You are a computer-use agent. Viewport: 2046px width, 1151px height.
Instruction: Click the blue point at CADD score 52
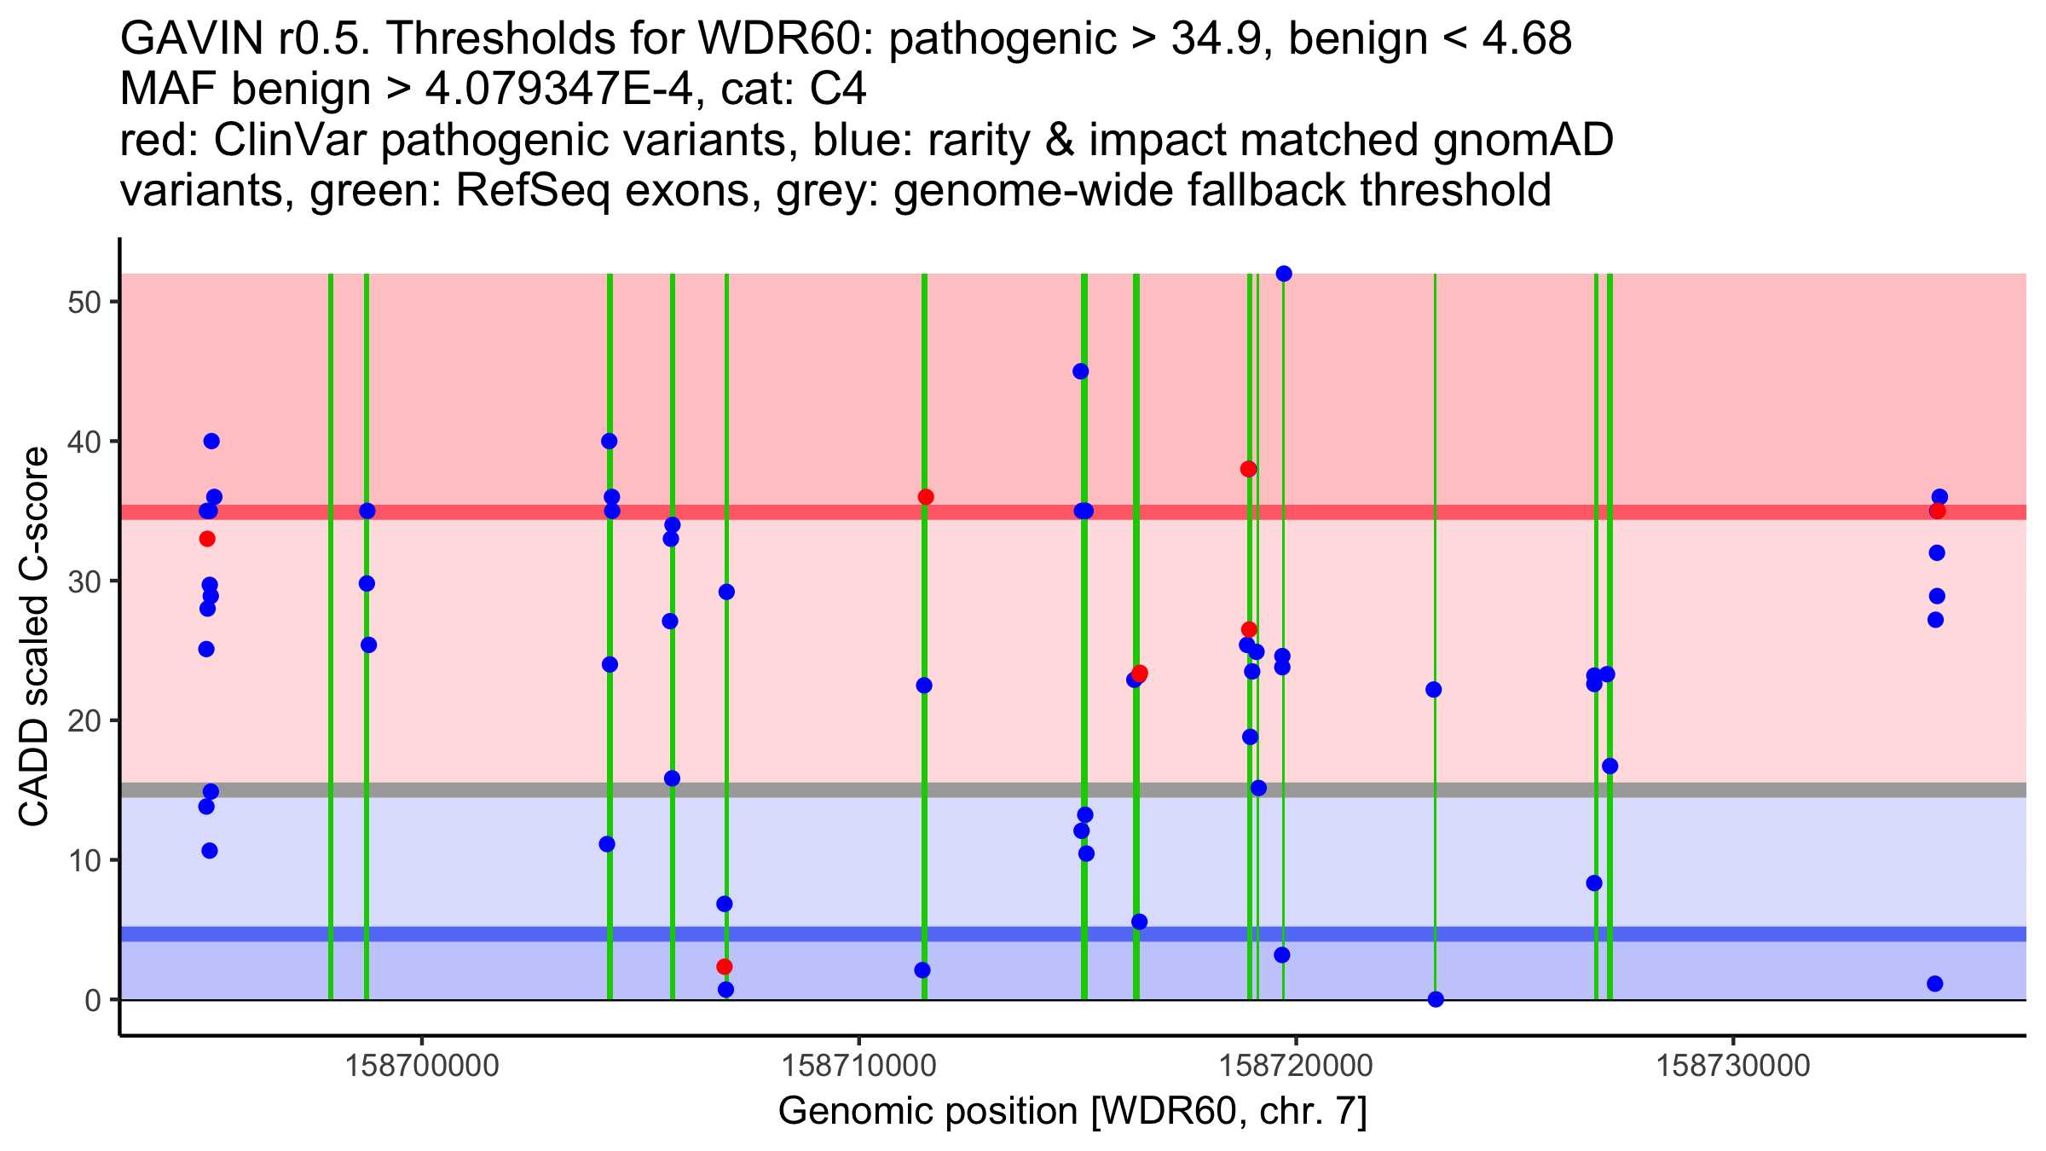(x=1284, y=274)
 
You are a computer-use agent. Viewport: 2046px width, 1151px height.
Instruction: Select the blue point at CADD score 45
(x=1080, y=371)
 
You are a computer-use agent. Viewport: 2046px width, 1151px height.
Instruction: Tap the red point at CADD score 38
(x=1248, y=469)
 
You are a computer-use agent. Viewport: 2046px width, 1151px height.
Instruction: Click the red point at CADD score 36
(x=926, y=497)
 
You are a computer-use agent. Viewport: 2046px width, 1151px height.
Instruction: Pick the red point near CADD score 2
(x=724, y=967)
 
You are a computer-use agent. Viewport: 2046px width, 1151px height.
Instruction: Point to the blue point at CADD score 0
(x=1436, y=999)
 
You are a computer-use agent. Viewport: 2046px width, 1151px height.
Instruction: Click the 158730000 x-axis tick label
(x=1732, y=1066)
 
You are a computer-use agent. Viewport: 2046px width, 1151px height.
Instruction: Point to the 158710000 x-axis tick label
(x=859, y=1066)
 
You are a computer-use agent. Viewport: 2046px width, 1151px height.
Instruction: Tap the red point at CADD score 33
(x=207, y=539)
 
